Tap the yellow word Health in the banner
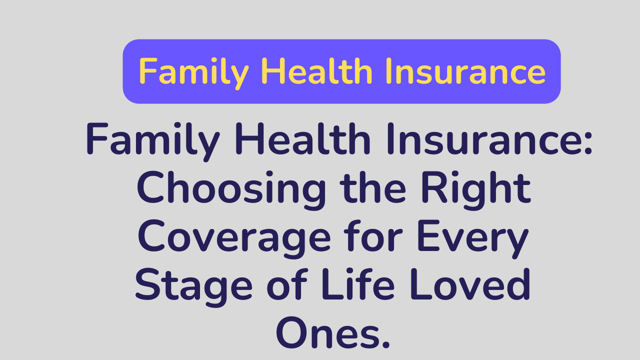[316, 71]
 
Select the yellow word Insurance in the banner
[467, 71]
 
